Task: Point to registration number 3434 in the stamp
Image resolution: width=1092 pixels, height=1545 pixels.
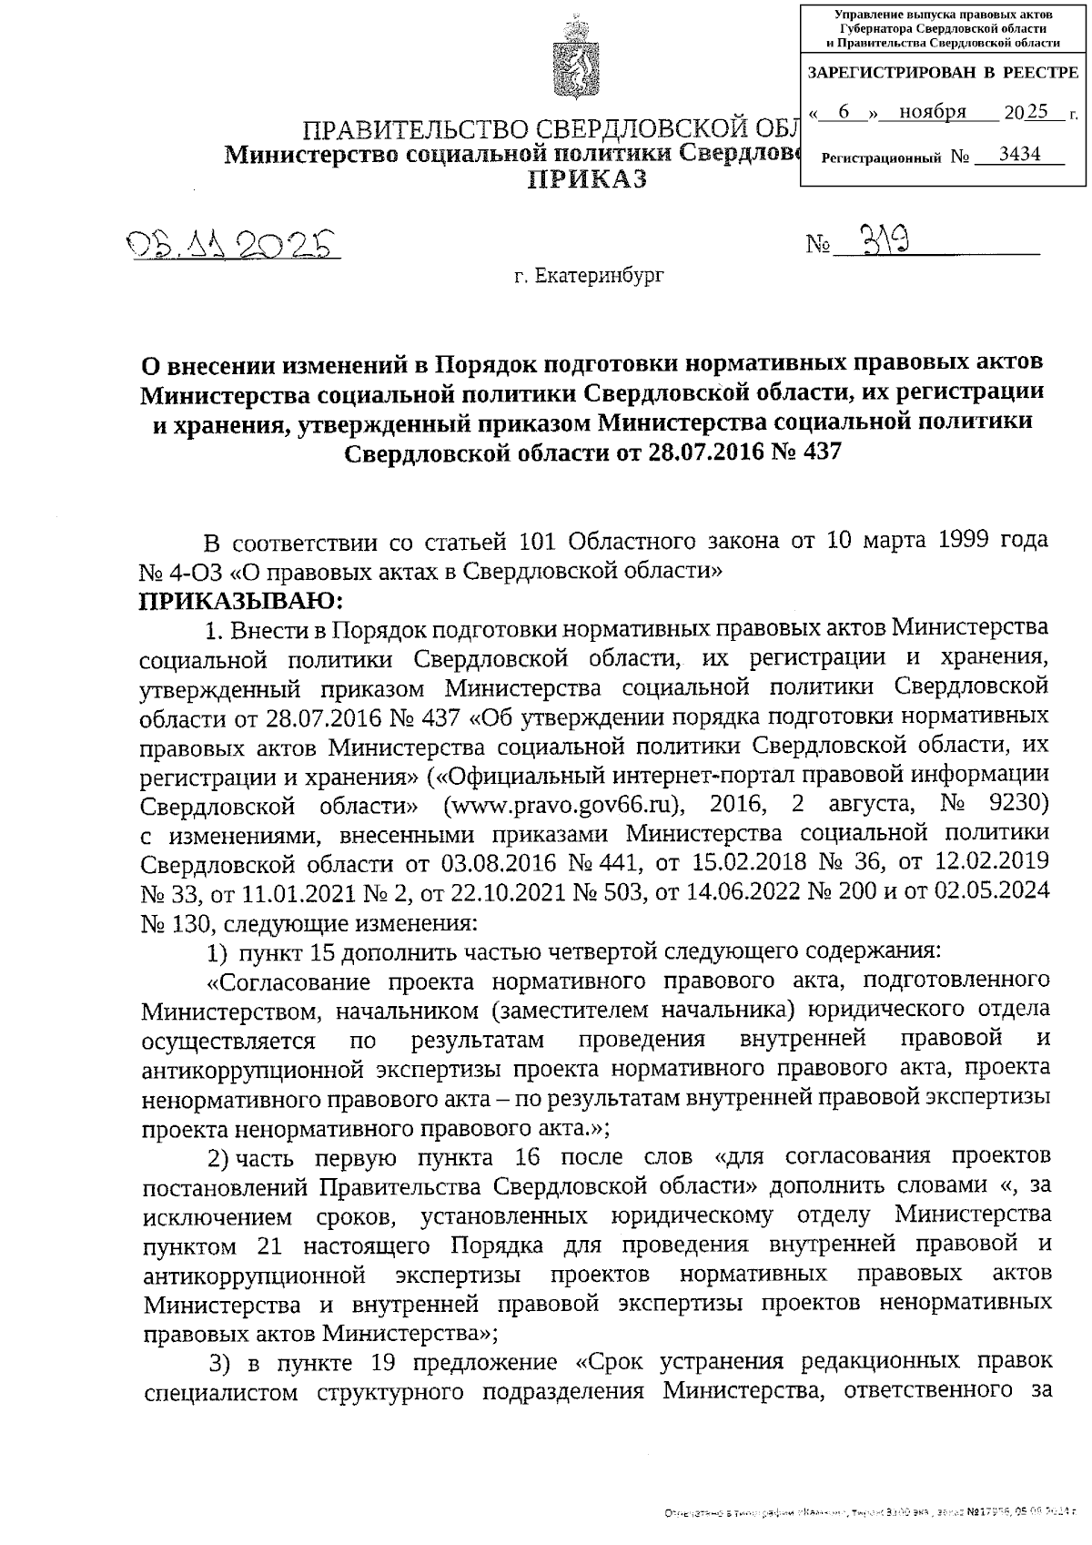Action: click(x=1018, y=155)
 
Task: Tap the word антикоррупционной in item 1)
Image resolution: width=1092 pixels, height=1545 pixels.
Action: click(x=254, y=1069)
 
